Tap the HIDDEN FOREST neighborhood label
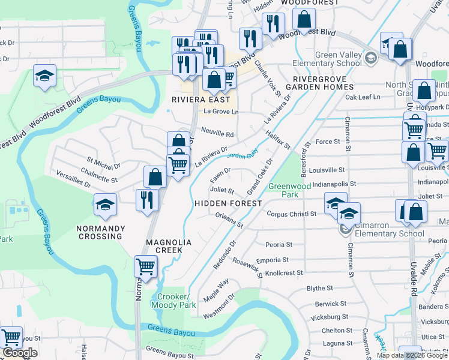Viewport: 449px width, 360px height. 228,203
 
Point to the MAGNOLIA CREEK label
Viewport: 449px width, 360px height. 169,245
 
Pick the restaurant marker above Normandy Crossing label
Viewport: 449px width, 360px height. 147,199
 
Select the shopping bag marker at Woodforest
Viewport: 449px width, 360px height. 304,19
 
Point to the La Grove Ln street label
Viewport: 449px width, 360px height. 221,112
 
